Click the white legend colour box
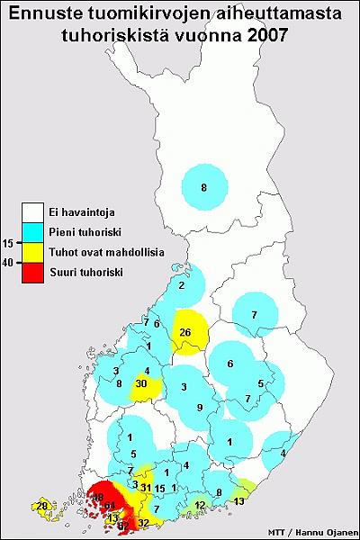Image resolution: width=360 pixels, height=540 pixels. point(35,213)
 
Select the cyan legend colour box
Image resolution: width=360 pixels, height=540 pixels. point(35,232)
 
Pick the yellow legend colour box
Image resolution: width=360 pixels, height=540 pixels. point(35,252)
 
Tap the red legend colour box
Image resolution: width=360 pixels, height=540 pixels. point(35,271)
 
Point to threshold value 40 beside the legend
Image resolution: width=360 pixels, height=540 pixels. point(9,263)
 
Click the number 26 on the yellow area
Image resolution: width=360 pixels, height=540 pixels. point(186,332)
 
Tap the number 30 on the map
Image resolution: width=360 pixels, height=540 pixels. point(141,383)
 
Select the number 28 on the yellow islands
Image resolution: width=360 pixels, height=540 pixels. point(42,506)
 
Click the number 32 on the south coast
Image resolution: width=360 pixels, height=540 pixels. point(143,522)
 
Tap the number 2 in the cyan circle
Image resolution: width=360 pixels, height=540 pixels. point(182,285)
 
